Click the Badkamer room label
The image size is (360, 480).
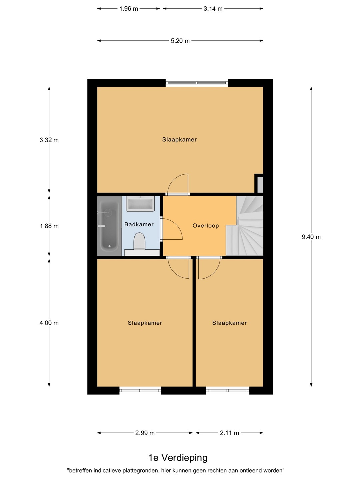point(139,224)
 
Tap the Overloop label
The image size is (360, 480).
point(205,226)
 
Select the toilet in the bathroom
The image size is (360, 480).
point(139,242)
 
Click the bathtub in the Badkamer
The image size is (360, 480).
point(109,226)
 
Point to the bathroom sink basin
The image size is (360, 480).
point(140,204)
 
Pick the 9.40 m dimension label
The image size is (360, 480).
point(311,237)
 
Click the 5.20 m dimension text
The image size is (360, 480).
point(180,41)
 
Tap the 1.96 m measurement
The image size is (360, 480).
point(129,9)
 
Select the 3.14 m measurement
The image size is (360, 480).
point(213,9)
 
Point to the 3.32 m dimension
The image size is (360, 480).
point(49,140)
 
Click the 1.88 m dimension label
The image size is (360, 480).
point(49,226)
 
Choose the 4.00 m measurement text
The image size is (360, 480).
point(49,323)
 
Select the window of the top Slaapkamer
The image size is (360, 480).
point(197,83)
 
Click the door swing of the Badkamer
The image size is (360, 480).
point(172,229)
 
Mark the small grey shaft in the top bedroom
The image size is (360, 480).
point(260,185)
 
